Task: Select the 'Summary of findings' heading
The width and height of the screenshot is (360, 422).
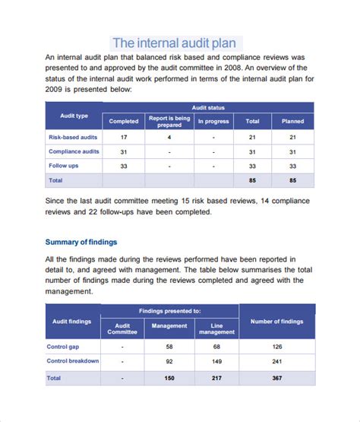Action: (x=81, y=242)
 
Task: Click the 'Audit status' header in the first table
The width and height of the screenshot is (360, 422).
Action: (x=207, y=108)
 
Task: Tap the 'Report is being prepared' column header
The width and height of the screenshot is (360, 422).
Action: (x=169, y=120)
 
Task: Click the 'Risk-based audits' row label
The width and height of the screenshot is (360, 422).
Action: (x=72, y=137)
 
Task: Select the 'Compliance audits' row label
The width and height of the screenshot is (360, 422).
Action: (x=74, y=151)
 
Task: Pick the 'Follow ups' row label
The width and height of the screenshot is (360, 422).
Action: (x=63, y=166)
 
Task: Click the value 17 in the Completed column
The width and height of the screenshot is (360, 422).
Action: (x=123, y=138)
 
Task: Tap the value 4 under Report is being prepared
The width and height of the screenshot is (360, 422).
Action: (x=169, y=138)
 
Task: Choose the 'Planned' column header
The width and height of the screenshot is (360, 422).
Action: (x=292, y=121)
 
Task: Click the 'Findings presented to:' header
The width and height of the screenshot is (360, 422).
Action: (x=169, y=311)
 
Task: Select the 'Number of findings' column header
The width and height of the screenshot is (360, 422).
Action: (x=276, y=322)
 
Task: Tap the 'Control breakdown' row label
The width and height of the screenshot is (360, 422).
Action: (x=73, y=361)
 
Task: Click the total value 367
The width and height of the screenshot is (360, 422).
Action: (x=276, y=377)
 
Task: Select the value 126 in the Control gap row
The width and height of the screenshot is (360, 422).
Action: (x=276, y=347)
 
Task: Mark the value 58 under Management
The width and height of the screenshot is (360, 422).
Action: (x=169, y=347)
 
